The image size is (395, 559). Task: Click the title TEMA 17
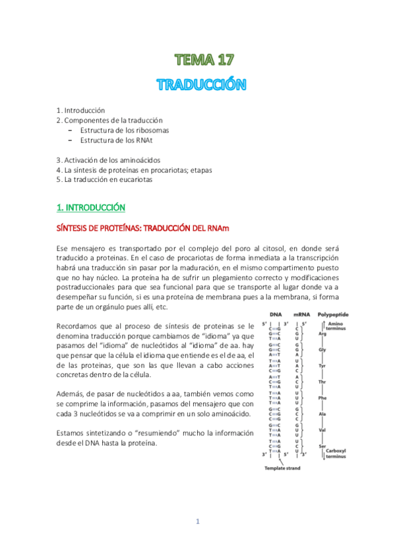point(204,61)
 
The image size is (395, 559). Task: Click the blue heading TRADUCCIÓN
point(202,85)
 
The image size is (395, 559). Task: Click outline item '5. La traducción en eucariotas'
point(109,179)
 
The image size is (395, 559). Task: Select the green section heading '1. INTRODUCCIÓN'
point(91,208)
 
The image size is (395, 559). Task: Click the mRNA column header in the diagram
point(302,315)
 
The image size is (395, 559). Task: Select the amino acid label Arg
point(322,335)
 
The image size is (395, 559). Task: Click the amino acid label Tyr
point(322,367)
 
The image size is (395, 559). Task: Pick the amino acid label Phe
point(322,397)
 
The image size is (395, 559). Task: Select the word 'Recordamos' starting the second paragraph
point(80,326)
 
